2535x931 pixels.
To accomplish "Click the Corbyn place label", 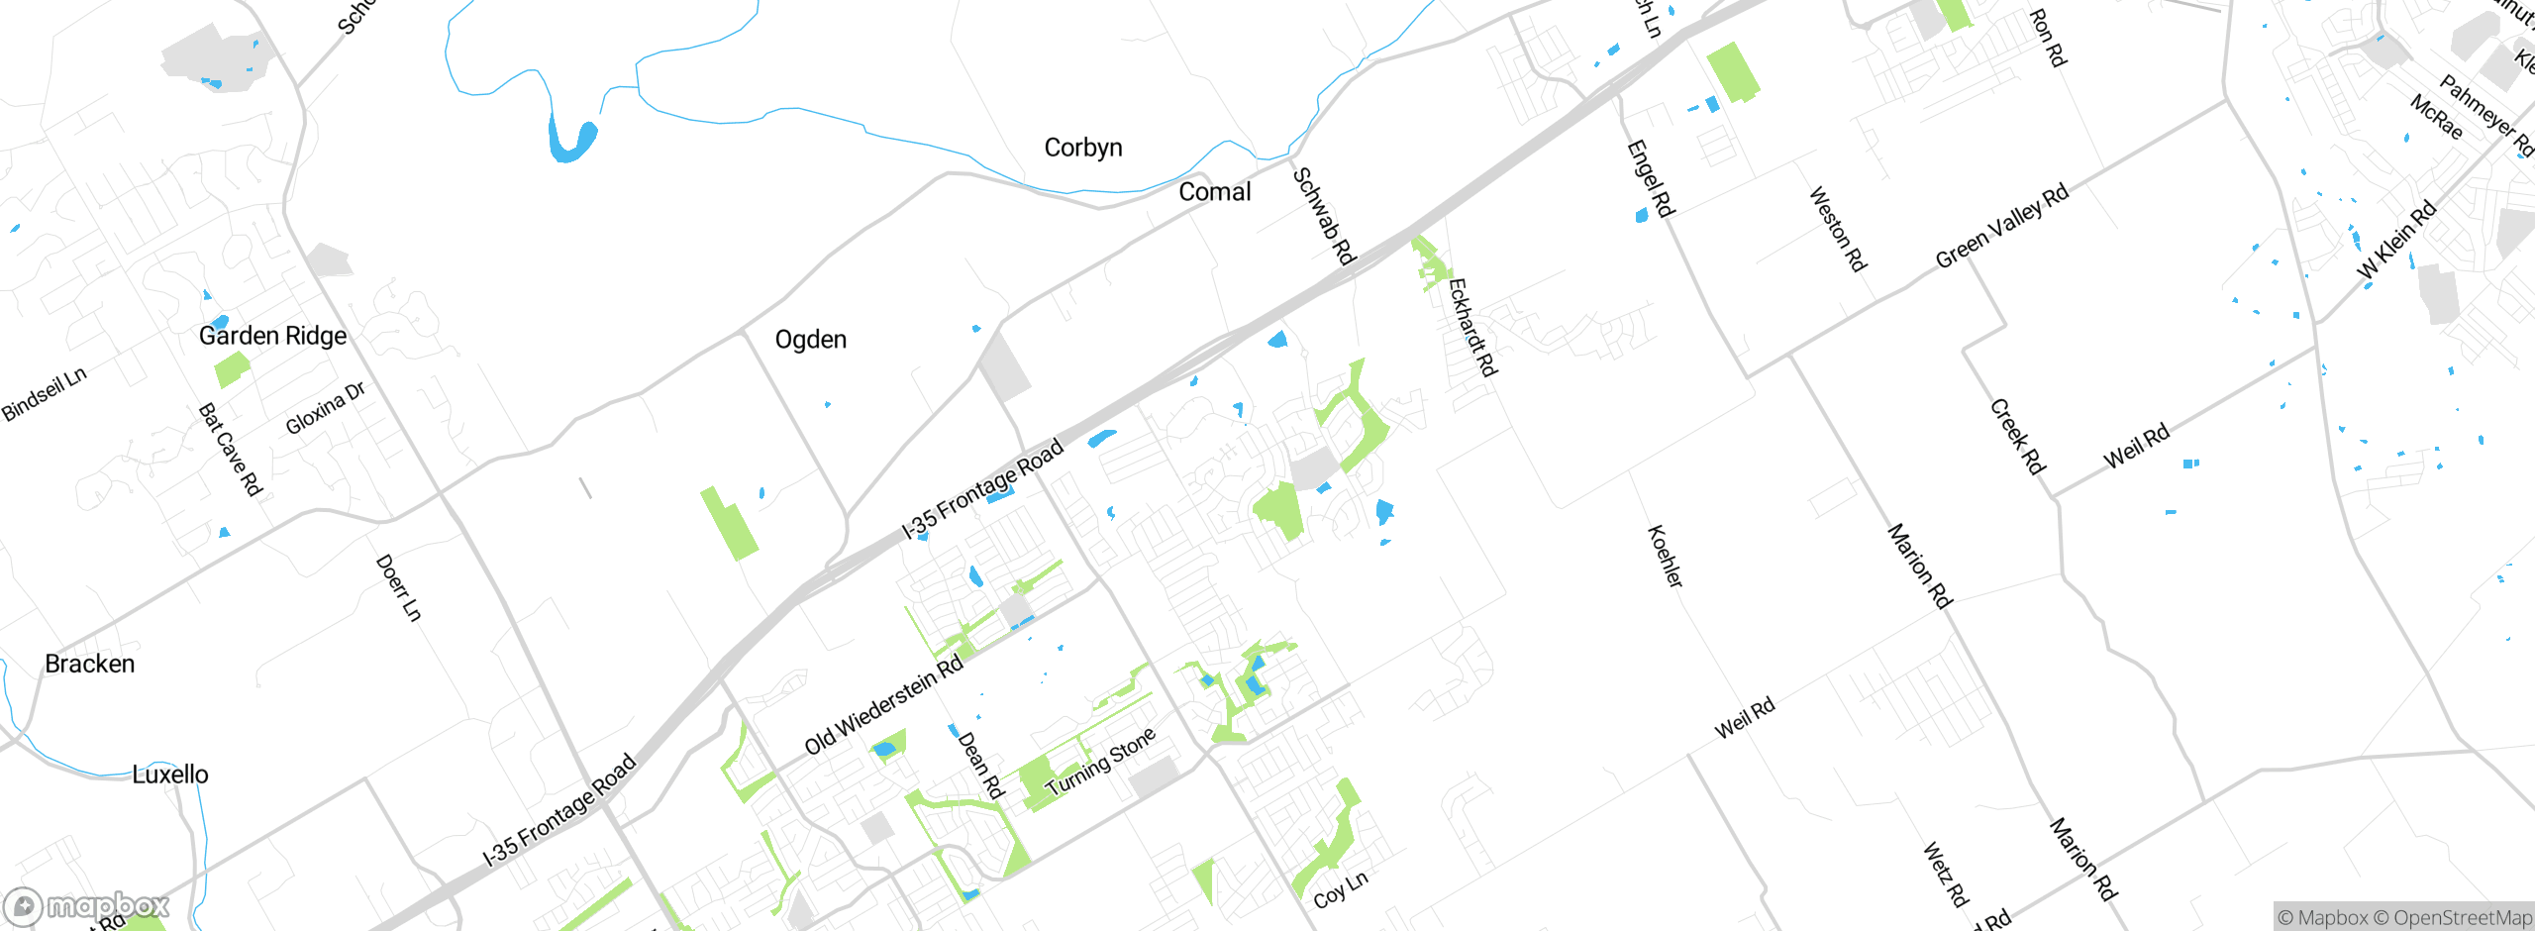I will (1083, 148).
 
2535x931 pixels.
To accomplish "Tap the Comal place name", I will (1214, 192).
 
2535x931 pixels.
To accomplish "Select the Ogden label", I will (810, 340).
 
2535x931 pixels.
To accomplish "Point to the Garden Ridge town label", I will (272, 336).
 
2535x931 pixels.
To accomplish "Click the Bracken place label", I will (90, 664).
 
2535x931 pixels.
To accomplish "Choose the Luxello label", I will (170, 775).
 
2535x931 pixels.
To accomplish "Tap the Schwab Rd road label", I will (1324, 217).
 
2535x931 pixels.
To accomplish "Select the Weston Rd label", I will (1838, 229).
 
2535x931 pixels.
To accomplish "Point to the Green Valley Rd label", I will (2002, 226).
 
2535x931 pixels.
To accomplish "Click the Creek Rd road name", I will (2018, 437).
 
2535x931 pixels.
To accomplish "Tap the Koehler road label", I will (1665, 557).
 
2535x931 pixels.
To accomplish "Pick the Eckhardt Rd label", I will (1472, 328).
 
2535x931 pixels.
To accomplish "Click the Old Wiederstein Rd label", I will (883, 704).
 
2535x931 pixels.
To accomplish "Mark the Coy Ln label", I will (1341, 890).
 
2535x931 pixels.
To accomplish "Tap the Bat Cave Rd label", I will (230, 450).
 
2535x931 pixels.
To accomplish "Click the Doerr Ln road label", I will (398, 588).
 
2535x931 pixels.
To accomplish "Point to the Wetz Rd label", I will (1945, 875).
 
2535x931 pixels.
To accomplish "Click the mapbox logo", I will (87, 905).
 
